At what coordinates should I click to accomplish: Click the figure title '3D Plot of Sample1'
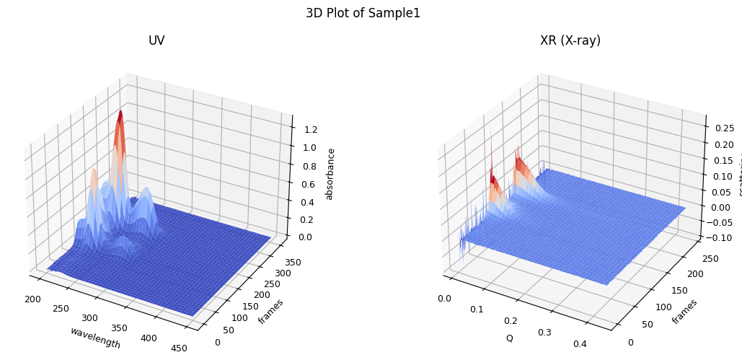tap(363, 13)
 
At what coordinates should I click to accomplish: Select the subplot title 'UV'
tap(156, 40)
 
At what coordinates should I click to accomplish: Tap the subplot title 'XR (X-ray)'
tap(570, 40)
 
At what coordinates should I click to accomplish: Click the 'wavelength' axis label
tap(95, 338)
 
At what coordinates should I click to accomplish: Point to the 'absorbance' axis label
tap(330, 174)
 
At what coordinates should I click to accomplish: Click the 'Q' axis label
tap(509, 338)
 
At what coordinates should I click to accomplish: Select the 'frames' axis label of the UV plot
tap(270, 311)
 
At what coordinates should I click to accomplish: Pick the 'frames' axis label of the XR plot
tap(684, 311)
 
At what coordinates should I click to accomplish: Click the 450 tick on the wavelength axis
tap(179, 348)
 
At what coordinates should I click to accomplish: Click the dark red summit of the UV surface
tap(120, 115)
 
